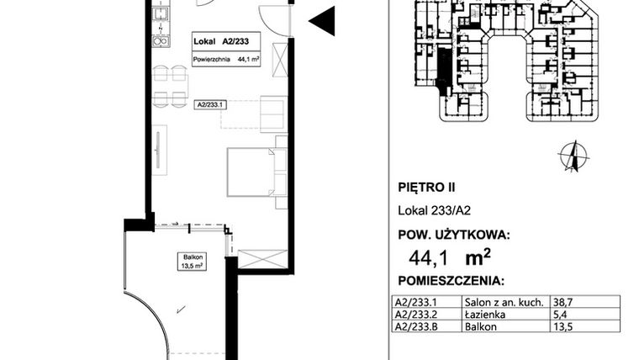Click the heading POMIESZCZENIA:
pyautogui.click(x=450, y=280)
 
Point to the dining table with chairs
pyautogui.click(x=169, y=86)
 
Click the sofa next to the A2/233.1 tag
pyautogui.click(x=272, y=114)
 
